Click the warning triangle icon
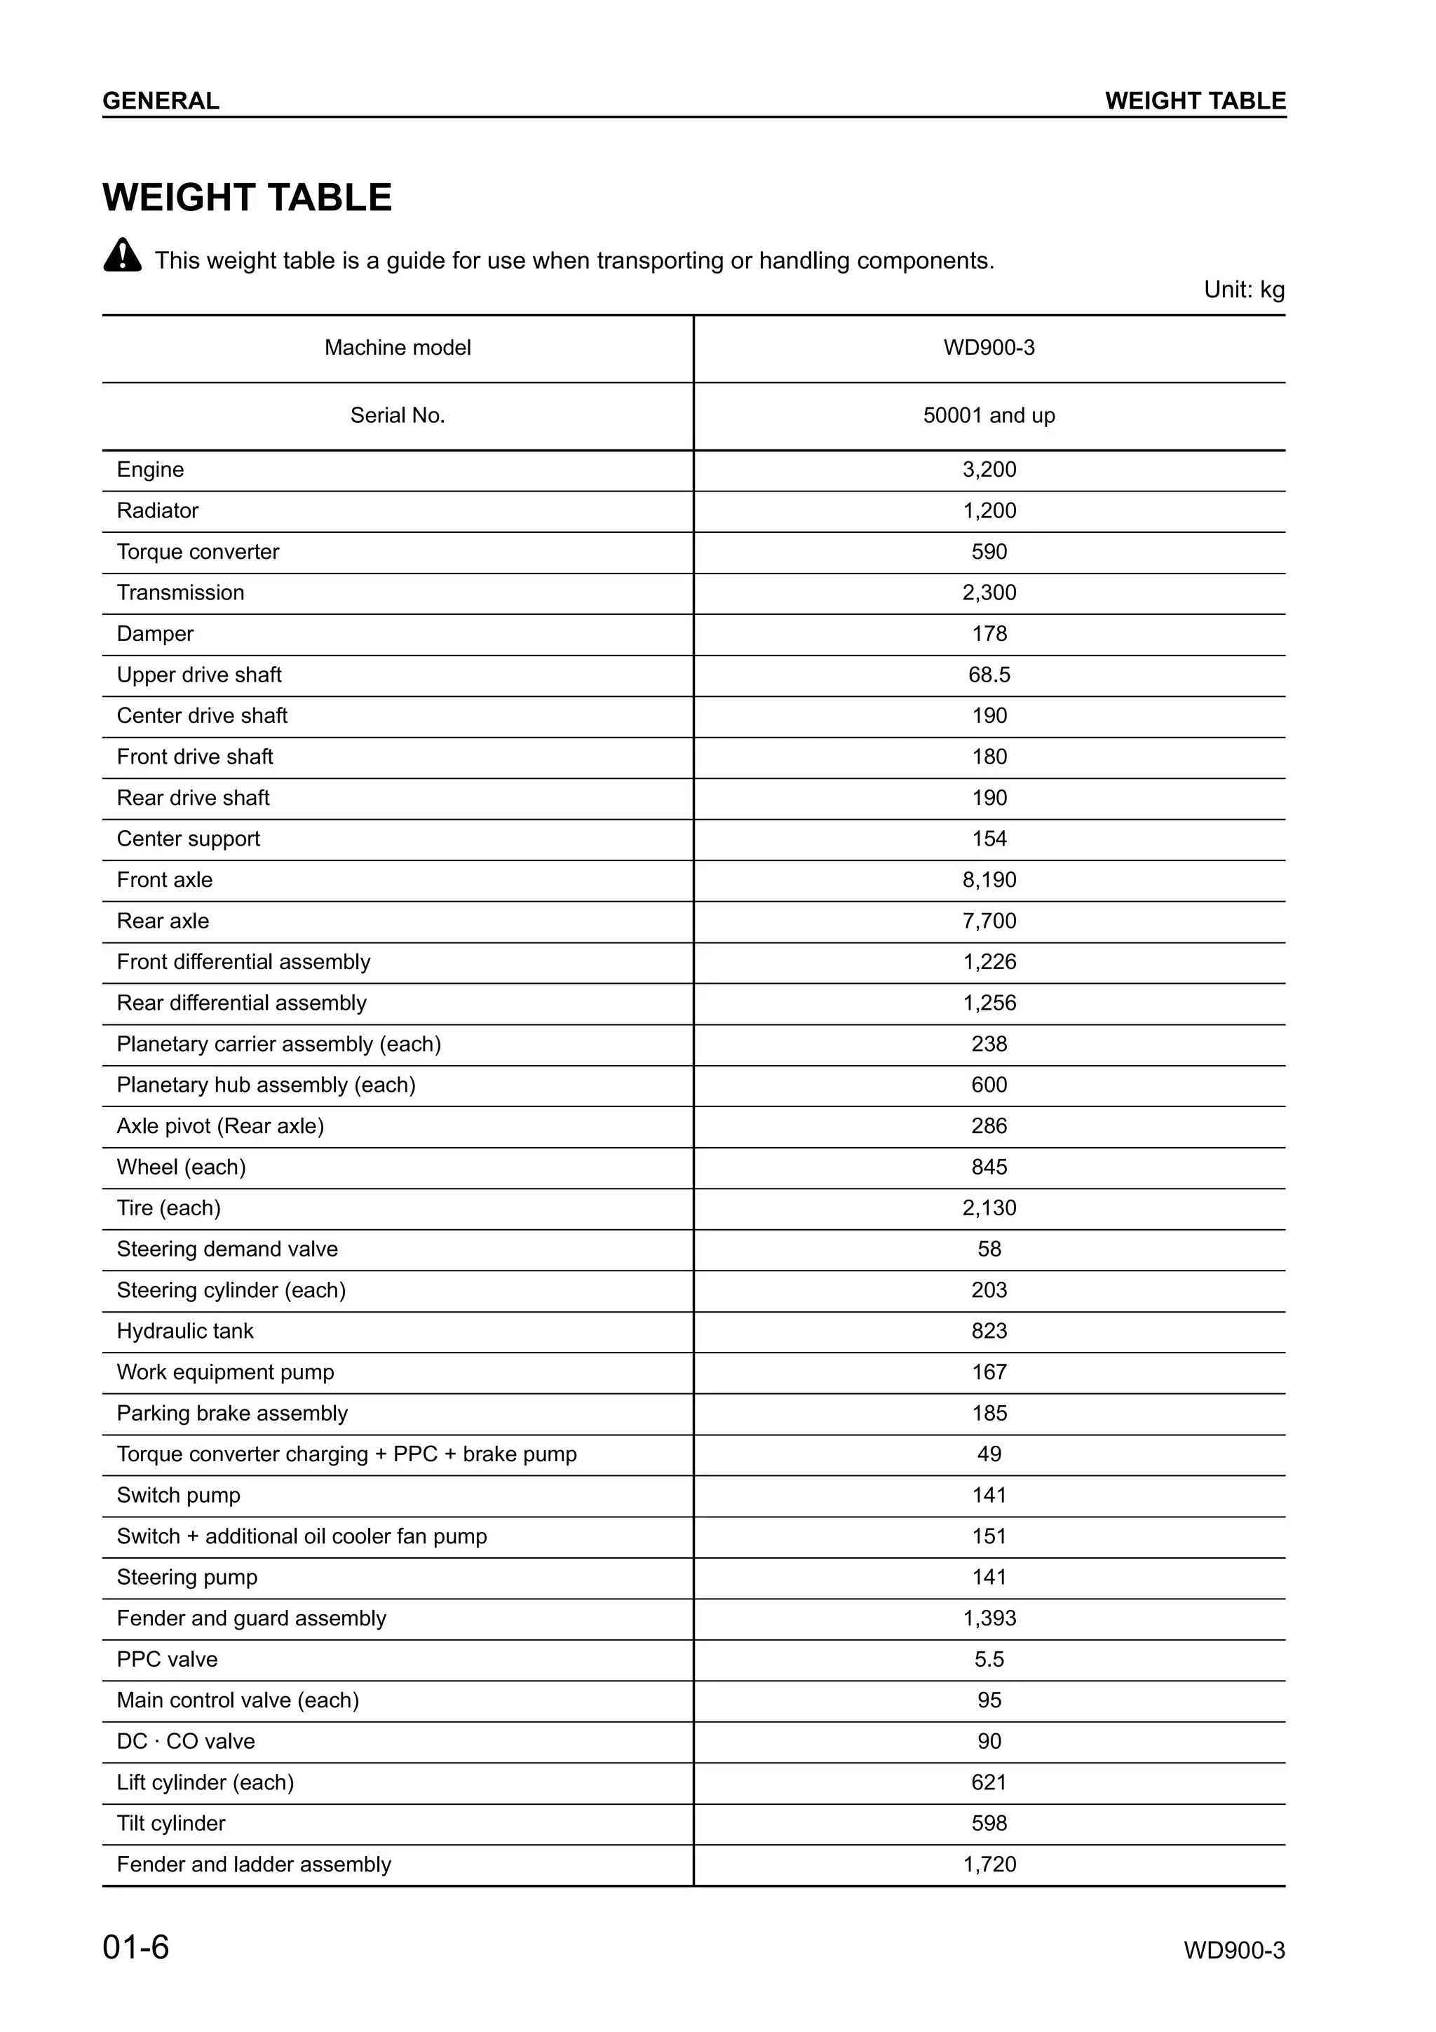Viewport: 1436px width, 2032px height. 122,256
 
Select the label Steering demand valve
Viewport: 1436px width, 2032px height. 227,1249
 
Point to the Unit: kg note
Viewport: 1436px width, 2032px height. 1243,290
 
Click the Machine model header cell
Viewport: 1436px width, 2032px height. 398,348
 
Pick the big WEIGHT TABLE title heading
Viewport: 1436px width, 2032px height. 247,197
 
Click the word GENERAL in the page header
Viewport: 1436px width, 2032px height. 161,101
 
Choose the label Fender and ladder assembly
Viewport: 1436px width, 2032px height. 254,1864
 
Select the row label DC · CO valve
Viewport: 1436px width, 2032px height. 186,1742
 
